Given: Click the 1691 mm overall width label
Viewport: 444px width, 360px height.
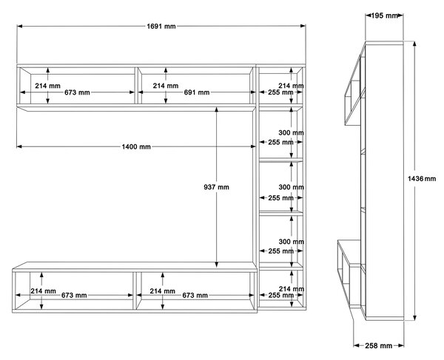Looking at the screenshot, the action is pyautogui.click(x=161, y=27).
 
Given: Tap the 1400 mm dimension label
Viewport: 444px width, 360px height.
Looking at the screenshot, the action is pyautogui.click(x=136, y=147).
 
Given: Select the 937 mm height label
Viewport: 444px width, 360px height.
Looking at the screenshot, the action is pyautogui.click(x=216, y=187).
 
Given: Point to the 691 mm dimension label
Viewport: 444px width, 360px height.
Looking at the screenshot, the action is pyautogui.click(x=197, y=92).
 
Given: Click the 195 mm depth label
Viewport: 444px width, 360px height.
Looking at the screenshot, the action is pyautogui.click(x=384, y=16).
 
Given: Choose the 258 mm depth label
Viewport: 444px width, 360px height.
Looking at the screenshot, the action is pyautogui.click(x=378, y=345).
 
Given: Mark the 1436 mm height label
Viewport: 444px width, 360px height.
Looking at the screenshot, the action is pyautogui.click(x=422, y=178).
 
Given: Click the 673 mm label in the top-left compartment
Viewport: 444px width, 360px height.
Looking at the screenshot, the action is pyautogui.click(x=77, y=92).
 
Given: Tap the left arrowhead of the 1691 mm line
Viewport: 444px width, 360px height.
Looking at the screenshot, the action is pyautogui.click(x=19, y=27).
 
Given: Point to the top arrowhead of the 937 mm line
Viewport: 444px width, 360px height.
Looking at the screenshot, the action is pyautogui.click(x=216, y=109).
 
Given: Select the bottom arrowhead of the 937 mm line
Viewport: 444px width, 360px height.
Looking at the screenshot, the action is pyautogui.click(x=216, y=265).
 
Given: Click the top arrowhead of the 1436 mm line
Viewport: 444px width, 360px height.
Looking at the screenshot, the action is pyautogui.click(x=414, y=44).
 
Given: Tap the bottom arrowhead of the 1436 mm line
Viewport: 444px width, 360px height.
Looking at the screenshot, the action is pyautogui.click(x=414, y=318).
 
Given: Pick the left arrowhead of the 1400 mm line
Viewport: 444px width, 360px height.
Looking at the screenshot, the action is pyautogui.click(x=19, y=146).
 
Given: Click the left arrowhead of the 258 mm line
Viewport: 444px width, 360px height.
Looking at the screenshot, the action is pyautogui.click(x=357, y=345).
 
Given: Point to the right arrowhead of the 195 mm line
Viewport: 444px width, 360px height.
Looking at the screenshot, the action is pyautogui.click(x=400, y=16).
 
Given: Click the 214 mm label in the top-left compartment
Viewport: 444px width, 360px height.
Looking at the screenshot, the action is pyautogui.click(x=47, y=86).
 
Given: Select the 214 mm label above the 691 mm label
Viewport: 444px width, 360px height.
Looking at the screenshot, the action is pyautogui.click(x=166, y=86).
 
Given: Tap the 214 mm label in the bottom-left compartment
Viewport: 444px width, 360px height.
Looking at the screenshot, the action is pyautogui.click(x=44, y=291).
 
